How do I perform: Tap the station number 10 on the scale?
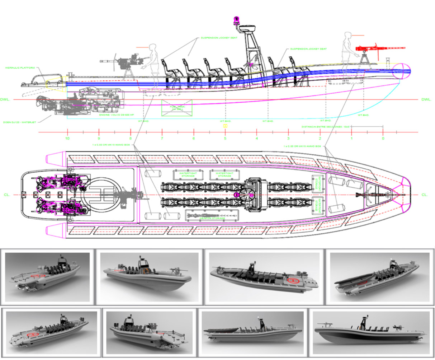pos(67,138)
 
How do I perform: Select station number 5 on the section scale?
pos(225,138)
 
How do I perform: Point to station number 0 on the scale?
pos(383,138)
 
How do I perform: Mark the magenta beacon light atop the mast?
pos(236,20)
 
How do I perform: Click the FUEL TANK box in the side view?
pos(176,108)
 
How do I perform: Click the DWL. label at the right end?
pos(426,99)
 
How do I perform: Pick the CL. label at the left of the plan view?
pos(7,195)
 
